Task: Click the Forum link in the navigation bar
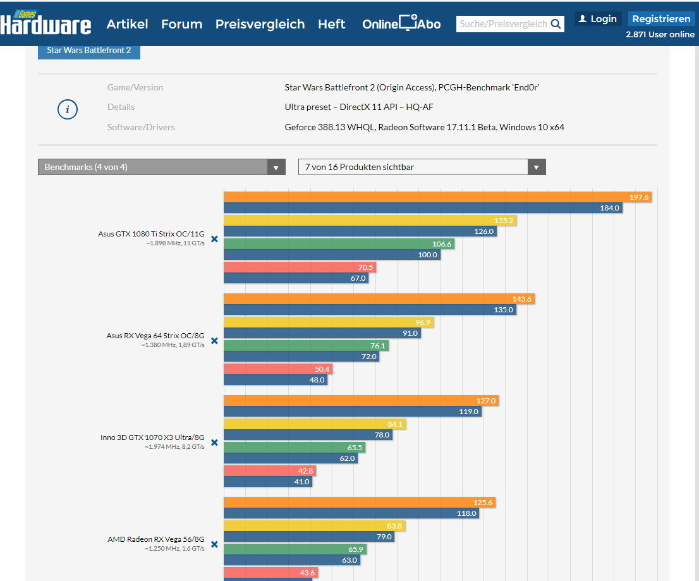[181, 24]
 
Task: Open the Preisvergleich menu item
[260, 24]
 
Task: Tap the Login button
[598, 19]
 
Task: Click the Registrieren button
[661, 19]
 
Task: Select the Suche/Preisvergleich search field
[503, 24]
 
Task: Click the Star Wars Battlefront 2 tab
[89, 50]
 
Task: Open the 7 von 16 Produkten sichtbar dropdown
[422, 167]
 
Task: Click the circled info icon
[68, 109]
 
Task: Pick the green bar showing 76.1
[306, 346]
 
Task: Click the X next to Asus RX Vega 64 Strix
[214, 341]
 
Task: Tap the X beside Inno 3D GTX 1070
[214, 443]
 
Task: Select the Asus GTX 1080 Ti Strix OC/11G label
[151, 234]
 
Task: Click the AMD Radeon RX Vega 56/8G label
[155, 539]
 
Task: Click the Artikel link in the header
[127, 24]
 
